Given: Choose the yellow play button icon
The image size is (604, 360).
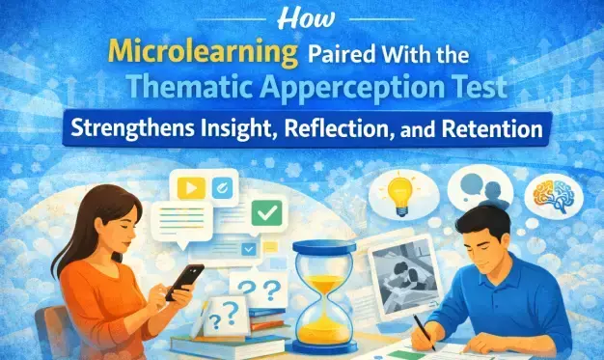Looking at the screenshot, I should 194,186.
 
